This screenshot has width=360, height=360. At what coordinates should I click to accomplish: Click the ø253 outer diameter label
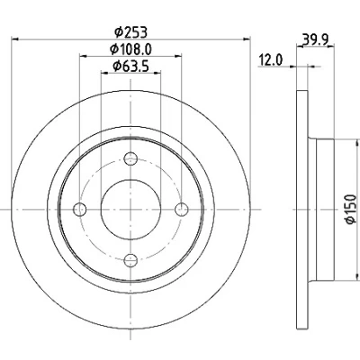pos(131,32)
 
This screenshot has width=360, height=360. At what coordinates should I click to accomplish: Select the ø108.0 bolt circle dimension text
pos(130,49)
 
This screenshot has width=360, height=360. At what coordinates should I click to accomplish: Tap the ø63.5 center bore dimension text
pos(130,67)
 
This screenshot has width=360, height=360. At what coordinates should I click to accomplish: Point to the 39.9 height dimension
pos(316,39)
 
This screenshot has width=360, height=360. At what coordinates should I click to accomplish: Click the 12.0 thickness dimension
pos(271,60)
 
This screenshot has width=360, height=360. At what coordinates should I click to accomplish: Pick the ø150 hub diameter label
pos(351,209)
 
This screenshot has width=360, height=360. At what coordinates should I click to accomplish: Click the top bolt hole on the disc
pos(130,158)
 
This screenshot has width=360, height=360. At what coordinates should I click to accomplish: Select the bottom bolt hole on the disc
pos(130,260)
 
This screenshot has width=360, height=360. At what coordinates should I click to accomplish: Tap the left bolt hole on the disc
pos(80,209)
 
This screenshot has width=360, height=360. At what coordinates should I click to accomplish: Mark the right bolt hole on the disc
pos(182,209)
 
